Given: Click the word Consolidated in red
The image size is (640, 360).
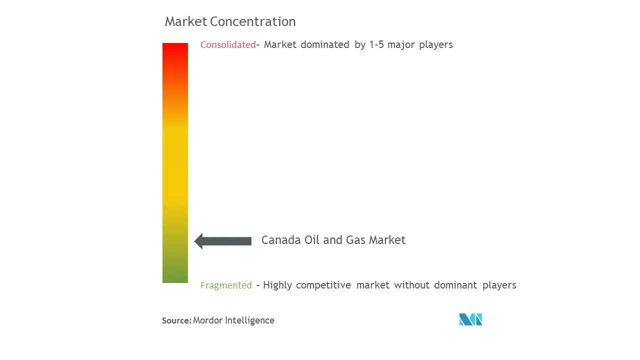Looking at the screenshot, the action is point(228,45).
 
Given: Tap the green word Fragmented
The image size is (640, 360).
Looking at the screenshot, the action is point(226,285).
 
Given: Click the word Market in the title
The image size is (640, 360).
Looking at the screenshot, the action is point(185,21).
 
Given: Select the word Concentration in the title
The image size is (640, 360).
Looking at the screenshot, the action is point(253,21).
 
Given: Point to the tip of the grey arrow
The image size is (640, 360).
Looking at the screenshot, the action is point(194,241).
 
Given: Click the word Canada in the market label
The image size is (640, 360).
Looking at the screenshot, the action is point(281,240).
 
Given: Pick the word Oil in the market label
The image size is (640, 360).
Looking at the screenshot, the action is point(311,240).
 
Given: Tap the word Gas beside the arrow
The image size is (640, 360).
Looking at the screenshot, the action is point(355,240).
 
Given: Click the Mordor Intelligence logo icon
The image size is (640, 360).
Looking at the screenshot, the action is point(470,319).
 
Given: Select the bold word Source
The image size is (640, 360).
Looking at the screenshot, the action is point(176,320).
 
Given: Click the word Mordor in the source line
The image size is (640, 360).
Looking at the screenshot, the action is point(207,320).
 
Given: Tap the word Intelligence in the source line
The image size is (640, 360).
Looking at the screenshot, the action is point(249,320).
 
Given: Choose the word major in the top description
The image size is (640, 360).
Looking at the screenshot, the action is point(401,45).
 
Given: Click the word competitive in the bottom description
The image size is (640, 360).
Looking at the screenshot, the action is point(323,285).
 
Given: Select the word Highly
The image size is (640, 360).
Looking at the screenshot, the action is point(277,285).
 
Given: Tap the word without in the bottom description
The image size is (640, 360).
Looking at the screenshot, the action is point(411,285).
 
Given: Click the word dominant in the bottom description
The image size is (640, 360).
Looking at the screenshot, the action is point(455,285).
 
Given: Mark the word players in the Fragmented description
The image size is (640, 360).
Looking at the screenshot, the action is point(499,285).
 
